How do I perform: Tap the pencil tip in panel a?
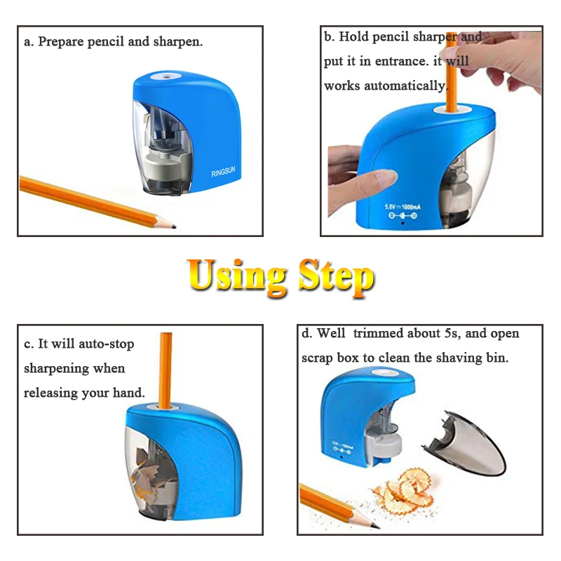[x=170, y=225]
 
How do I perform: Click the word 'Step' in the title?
[x=335, y=276]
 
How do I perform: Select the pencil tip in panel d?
[x=374, y=524]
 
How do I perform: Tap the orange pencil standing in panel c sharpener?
[x=167, y=368]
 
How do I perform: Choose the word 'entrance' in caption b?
[x=399, y=62]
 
